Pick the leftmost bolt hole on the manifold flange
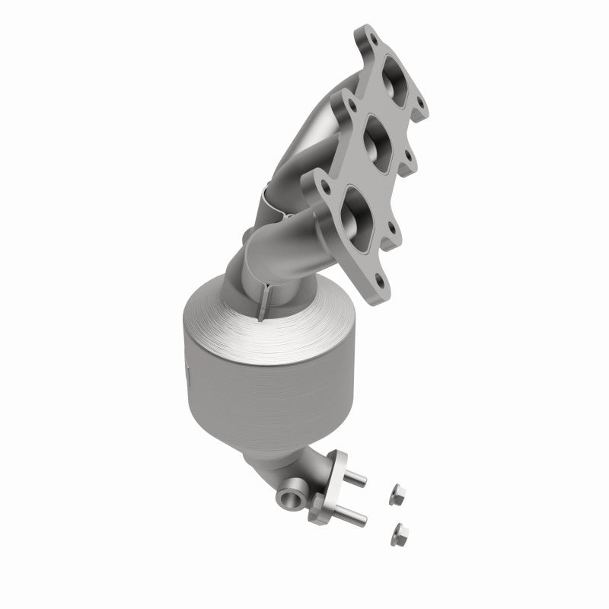pos(315,183)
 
